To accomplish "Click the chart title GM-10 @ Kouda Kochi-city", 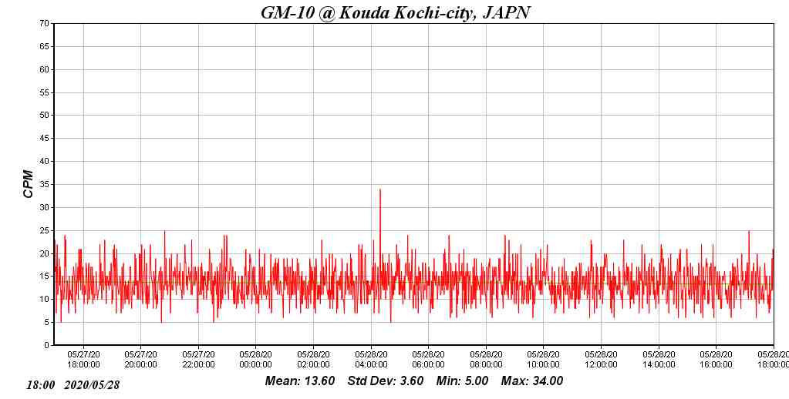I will click(395, 12).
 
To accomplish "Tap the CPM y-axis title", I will click(29, 184).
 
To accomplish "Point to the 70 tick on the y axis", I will click(45, 24).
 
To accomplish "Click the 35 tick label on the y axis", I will click(45, 185).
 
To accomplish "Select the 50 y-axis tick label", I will click(45, 116).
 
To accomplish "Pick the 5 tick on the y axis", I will click(47, 323).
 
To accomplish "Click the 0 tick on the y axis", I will click(47, 346).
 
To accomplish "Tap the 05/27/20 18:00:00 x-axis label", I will click(83, 360).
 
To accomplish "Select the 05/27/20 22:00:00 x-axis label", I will click(198, 360).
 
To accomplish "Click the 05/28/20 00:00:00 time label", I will click(255, 360).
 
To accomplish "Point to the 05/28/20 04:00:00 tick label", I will click(371, 360).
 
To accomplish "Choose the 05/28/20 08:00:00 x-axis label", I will click(486, 360).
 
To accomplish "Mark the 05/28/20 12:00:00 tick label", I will click(601, 360).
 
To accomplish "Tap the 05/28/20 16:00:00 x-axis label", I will click(716, 360).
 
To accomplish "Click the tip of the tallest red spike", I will click(380, 189).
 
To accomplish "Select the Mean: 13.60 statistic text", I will click(300, 381).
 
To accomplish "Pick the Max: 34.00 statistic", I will click(532, 381).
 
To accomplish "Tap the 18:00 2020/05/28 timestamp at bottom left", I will click(73, 384).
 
